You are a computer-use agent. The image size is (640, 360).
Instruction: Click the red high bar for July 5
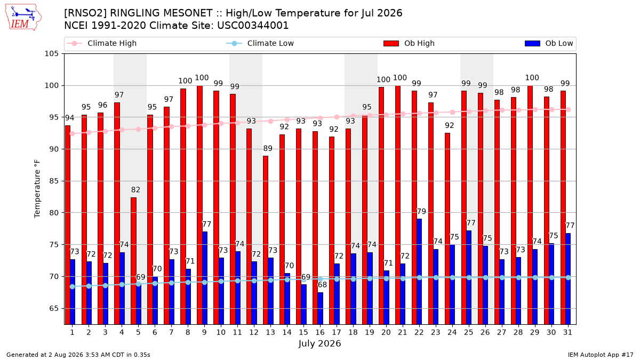pyautogui.click(x=133, y=261)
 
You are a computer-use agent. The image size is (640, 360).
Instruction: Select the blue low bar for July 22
pyautogui.click(x=419, y=271)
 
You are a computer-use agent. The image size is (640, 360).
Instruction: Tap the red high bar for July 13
pyautogui.click(x=266, y=240)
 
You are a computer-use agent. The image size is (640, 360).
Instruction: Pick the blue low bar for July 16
pyautogui.click(x=321, y=308)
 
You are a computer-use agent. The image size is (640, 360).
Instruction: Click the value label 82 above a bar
pyautogui.click(x=135, y=190)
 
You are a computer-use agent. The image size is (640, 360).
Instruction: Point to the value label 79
pyautogui.click(x=421, y=211)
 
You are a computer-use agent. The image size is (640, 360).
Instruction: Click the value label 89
pyautogui.click(x=268, y=148)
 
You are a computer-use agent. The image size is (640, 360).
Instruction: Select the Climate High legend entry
pyautogui.click(x=102, y=43)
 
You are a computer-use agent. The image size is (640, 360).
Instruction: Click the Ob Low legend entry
pyautogui.click(x=549, y=43)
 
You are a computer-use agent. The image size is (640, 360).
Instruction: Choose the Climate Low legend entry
pyautogui.click(x=260, y=43)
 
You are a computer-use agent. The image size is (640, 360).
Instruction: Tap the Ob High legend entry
pyautogui.click(x=409, y=43)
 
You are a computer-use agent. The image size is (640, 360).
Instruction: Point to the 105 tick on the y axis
pyautogui.click(x=51, y=54)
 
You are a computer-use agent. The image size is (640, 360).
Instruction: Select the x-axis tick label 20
pyautogui.click(x=386, y=332)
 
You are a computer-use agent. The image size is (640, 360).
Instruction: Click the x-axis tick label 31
pyautogui.click(x=567, y=332)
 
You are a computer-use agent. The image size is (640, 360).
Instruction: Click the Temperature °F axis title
pyautogui.click(x=37, y=189)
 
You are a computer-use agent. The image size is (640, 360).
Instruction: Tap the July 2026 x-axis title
pyautogui.click(x=319, y=343)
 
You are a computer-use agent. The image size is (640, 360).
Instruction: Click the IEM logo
pyautogui.click(x=23, y=17)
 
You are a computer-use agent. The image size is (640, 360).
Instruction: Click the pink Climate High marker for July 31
pyautogui.click(x=569, y=110)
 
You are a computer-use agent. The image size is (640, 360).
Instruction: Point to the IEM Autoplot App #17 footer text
pyautogui.click(x=601, y=355)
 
